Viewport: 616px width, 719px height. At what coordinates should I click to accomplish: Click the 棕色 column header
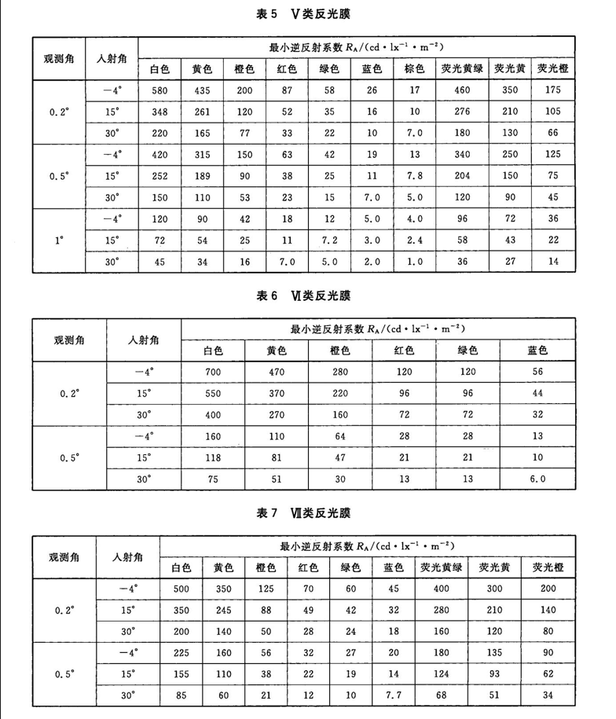click(416, 68)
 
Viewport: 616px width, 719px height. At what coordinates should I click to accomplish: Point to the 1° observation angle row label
click(60, 242)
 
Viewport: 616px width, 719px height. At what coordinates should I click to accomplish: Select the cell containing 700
click(213, 368)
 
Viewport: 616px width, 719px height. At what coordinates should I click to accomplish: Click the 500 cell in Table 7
click(181, 587)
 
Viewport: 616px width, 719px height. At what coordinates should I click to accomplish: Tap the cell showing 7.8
click(416, 175)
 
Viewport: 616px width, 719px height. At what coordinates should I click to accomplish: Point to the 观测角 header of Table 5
click(60, 57)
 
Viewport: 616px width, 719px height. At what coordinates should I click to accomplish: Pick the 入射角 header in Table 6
click(143, 338)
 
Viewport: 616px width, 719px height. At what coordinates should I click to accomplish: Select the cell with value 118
click(213, 456)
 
